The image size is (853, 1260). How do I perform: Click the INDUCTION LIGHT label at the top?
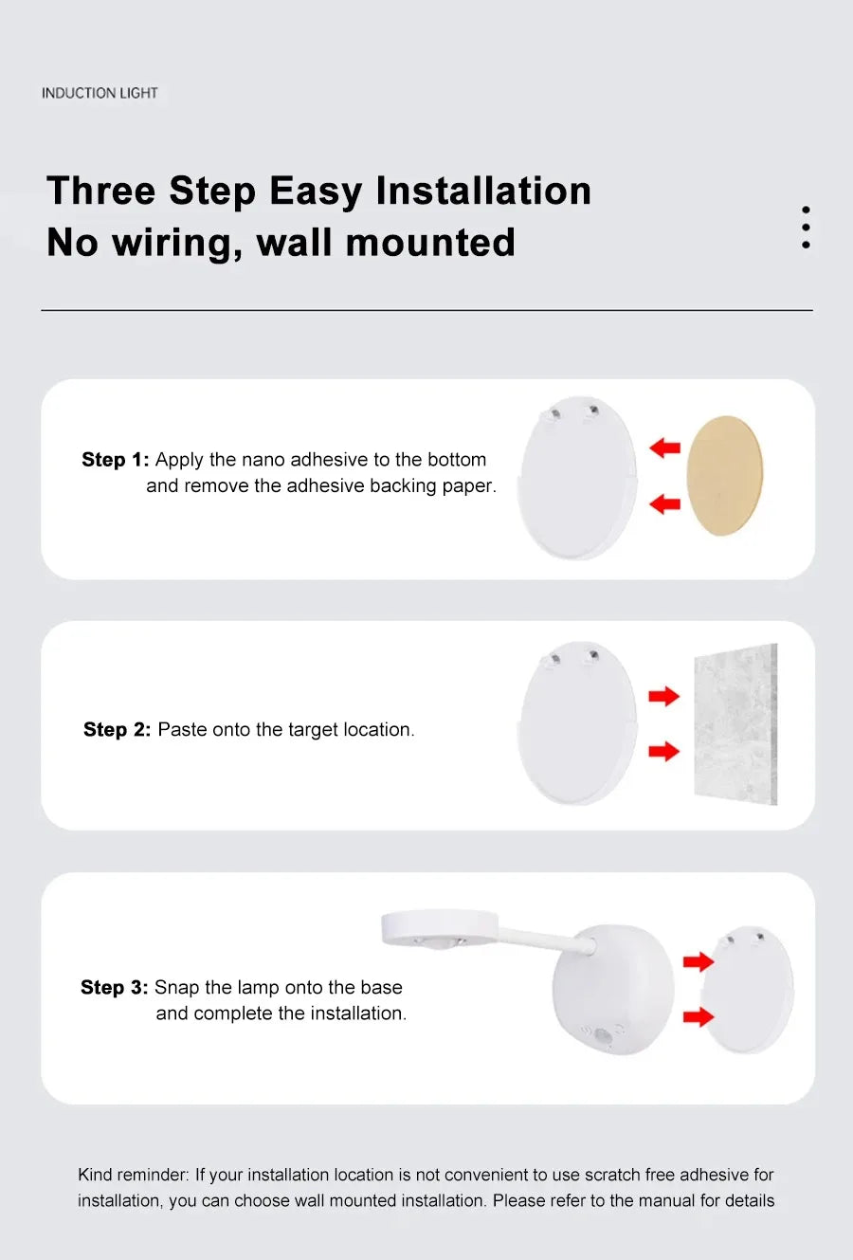[x=100, y=93]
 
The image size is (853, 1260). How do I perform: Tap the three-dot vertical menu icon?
[x=806, y=228]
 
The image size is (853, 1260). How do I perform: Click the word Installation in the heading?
[x=483, y=191]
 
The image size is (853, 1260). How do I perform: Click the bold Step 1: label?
[x=116, y=460]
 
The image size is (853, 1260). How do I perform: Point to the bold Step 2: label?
[x=117, y=729]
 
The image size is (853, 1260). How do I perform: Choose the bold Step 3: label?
[x=114, y=987]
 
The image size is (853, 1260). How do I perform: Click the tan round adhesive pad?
[x=724, y=475]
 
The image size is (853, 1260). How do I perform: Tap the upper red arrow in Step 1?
[x=665, y=447]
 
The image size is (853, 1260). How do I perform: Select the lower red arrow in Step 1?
[x=665, y=503]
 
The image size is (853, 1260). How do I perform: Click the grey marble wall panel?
[x=735, y=724]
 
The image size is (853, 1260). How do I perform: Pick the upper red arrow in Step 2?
[x=663, y=697]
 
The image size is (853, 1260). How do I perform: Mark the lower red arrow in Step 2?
[x=663, y=752]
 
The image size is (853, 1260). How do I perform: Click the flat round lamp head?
[x=439, y=927]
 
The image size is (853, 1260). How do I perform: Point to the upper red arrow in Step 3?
[x=699, y=962]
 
